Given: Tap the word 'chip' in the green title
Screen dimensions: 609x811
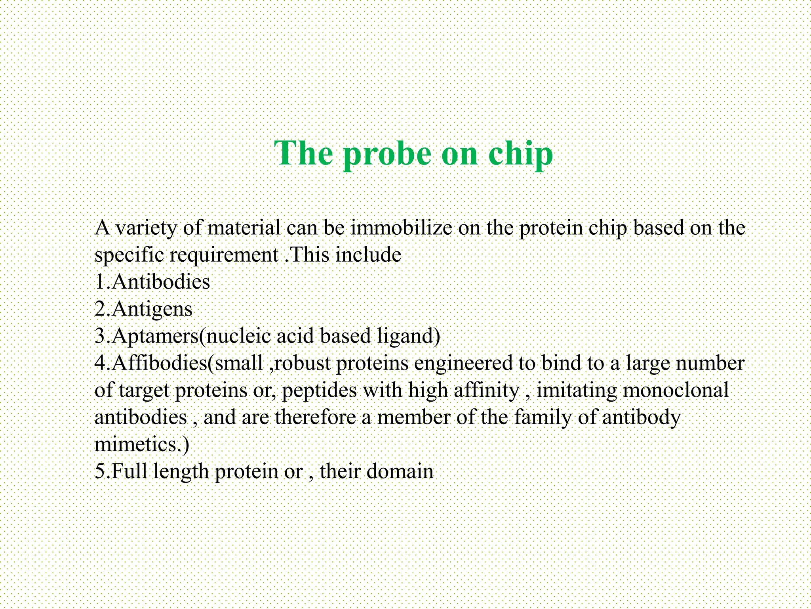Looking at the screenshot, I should click(520, 154).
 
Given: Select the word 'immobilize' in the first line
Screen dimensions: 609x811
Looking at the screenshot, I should click(401, 228).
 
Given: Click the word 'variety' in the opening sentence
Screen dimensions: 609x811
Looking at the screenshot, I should click(146, 228).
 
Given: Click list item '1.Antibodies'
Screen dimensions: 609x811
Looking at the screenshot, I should click(152, 282).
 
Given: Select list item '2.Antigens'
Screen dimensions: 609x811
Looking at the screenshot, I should click(143, 309).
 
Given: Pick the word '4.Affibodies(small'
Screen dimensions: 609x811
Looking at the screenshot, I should click(179, 363).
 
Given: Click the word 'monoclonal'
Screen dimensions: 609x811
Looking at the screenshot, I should click(676, 391).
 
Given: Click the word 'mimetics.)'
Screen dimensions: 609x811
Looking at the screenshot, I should click(142, 444).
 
